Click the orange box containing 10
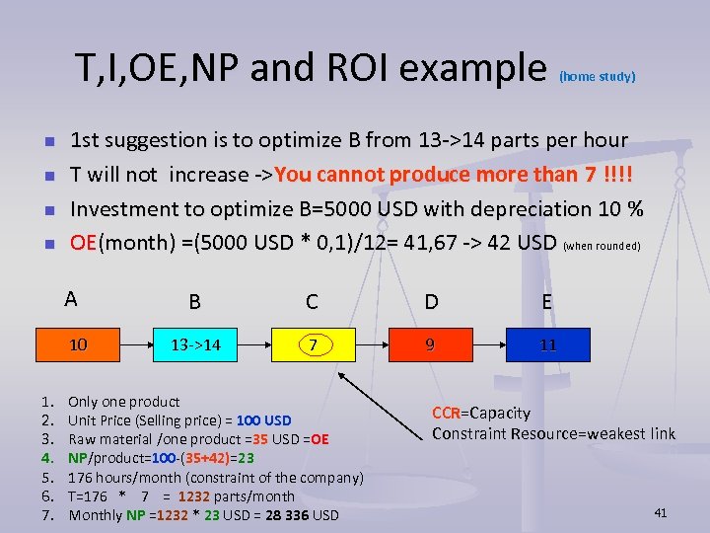click(x=77, y=345)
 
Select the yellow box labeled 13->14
click(x=195, y=345)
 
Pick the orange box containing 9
click(x=429, y=345)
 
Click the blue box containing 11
click(x=547, y=345)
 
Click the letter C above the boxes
click(x=312, y=302)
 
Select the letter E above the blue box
click(x=546, y=301)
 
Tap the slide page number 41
click(x=660, y=512)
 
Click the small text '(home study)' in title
click(x=597, y=76)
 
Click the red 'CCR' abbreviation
click(x=447, y=413)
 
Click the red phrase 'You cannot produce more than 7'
click(x=435, y=175)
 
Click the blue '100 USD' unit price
click(x=264, y=420)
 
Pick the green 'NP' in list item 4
click(x=78, y=458)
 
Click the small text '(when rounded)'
click(x=602, y=246)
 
